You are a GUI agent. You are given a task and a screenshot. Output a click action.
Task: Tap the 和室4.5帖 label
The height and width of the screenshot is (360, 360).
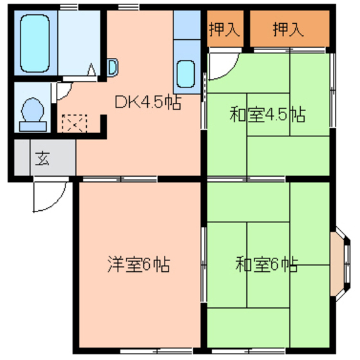click(267, 115)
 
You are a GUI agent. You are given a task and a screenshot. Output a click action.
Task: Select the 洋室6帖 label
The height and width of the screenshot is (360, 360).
click(138, 264)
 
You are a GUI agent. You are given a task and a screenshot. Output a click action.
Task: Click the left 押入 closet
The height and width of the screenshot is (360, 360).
click(224, 30)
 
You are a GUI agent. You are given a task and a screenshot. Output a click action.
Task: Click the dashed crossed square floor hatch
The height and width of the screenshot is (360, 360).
click(73, 122)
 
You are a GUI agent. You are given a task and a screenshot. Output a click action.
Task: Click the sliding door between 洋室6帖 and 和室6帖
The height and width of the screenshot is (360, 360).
click(204, 263)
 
